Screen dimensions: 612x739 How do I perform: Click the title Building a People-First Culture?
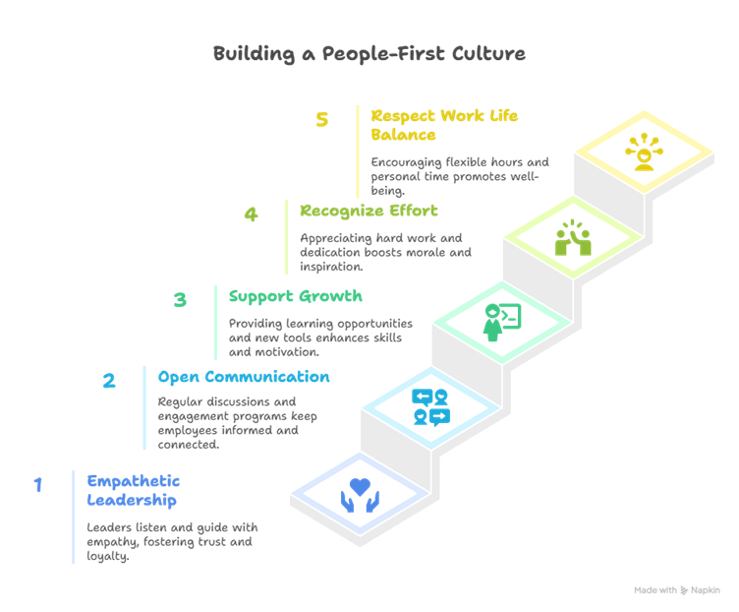pos(369,53)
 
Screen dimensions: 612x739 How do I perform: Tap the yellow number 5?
pos(322,120)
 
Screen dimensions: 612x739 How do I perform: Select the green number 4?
pos(252,214)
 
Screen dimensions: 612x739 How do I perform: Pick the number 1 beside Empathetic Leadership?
pos(38,485)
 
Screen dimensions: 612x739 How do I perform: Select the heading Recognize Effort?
pos(369,211)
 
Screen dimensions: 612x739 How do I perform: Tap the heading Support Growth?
pos(296,296)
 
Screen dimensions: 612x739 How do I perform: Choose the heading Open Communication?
pos(244,378)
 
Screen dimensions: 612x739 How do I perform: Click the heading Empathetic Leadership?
pos(134,490)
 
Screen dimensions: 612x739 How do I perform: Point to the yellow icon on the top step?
pos(645,153)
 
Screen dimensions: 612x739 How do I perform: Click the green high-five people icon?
pos(572,239)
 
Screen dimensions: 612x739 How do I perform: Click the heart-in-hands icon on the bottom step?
pos(360,492)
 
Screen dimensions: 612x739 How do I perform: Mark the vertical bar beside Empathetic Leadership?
pos(74,517)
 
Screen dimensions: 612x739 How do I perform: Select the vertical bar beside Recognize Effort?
pos(287,236)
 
